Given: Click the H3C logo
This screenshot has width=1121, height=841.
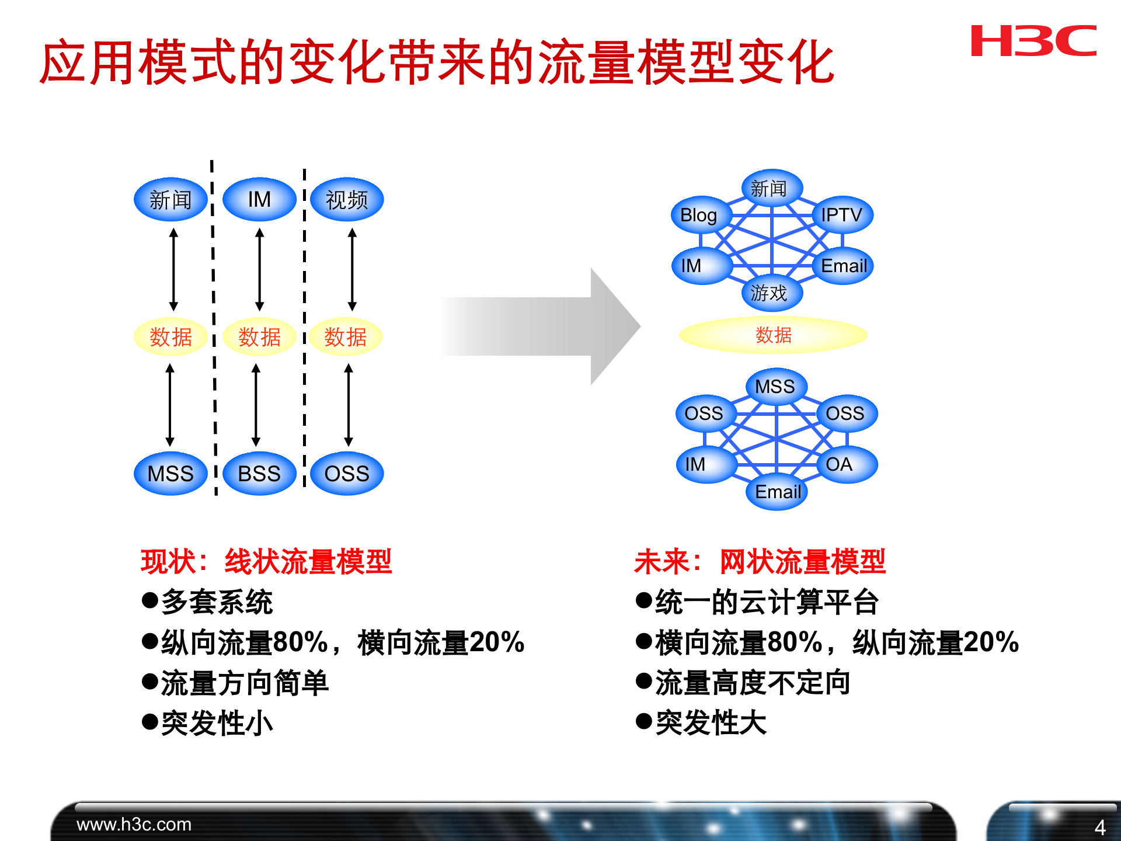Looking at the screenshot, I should coord(1033,41).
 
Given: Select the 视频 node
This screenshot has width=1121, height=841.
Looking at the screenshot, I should coord(346,200).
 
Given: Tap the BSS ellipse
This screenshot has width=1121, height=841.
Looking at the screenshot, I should coord(259,473).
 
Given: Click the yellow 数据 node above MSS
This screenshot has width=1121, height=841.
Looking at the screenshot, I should coord(170,337).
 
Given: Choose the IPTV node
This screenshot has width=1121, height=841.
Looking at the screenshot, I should coord(841,215).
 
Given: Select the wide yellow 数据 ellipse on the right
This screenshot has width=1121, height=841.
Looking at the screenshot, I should coord(773,335).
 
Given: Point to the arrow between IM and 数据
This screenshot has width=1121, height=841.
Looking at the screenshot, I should coord(260,269).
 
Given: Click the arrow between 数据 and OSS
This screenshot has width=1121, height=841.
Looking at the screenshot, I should coord(349,405).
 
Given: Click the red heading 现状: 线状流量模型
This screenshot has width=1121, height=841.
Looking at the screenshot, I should coord(266,562).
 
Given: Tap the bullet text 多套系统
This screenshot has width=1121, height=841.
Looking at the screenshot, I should coord(216,602).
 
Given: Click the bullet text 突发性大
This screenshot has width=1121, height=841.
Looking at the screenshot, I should coord(710,723).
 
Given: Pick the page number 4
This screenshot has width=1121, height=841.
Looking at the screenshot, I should coord(1099,827).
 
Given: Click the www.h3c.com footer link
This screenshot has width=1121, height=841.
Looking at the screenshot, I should coord(134,825).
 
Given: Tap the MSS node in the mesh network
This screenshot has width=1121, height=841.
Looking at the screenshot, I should coord(775,386).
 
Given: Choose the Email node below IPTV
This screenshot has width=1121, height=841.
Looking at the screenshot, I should coord(843,266).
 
